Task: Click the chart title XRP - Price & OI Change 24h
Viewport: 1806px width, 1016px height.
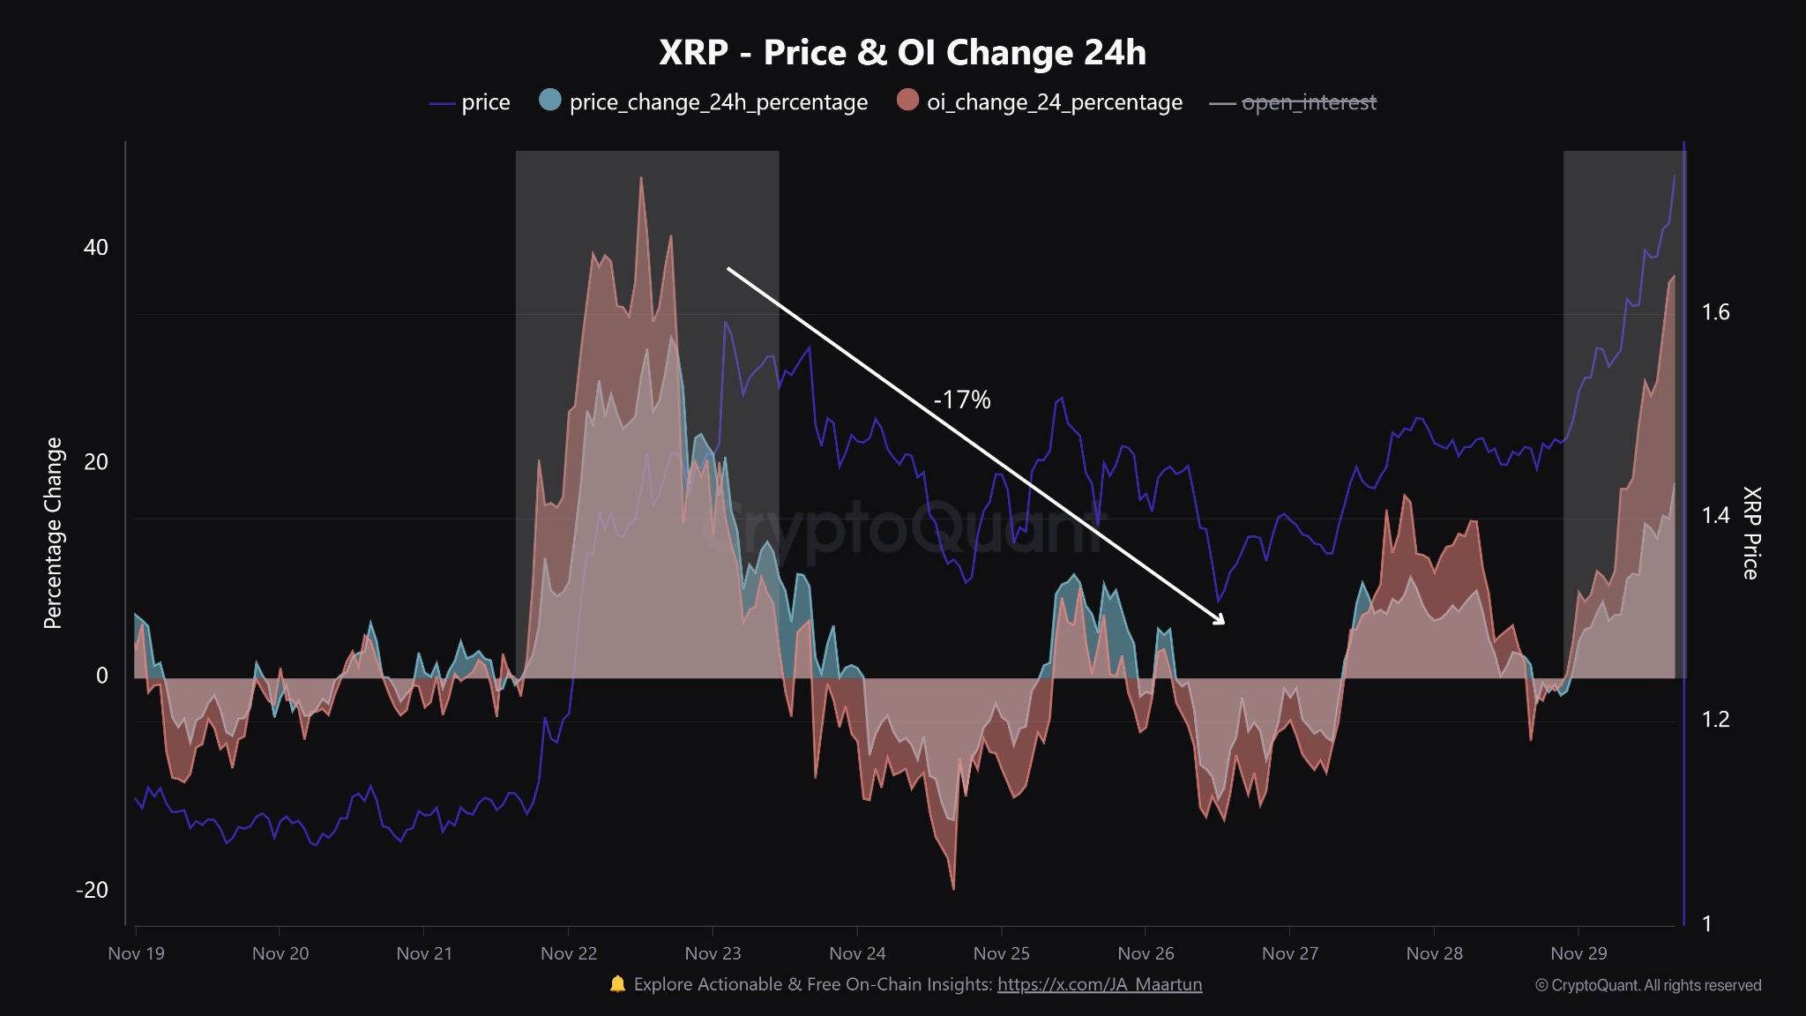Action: tap(902, 53)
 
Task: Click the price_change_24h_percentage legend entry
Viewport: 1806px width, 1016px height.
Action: tap(704, 102)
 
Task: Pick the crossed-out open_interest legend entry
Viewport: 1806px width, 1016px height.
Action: tap(1294, 102)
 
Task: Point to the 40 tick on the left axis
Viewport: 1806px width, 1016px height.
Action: tap(95, 248)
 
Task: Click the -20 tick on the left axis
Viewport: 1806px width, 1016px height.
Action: tap(92, 890)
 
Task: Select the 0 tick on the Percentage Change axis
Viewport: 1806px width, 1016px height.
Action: tap(101, 676)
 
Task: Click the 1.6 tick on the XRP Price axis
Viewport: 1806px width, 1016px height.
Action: tap(1715, 312)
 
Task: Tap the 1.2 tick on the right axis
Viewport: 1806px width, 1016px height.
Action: tap(1715, 720)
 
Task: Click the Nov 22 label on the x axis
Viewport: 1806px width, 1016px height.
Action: tap(569, 953)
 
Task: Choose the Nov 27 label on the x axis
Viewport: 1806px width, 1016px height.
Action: tap(1289, 953)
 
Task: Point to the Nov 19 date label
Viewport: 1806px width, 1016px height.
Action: tap(136, 953)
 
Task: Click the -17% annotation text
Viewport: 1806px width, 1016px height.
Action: tap(962, 400)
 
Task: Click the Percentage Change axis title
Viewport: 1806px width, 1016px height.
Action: tap(53, 533)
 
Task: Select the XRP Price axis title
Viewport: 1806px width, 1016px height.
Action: tap(1751, 533)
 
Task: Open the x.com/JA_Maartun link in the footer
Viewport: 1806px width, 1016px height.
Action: tap(1100, 984)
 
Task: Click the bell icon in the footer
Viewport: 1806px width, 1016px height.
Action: tap(617, 984)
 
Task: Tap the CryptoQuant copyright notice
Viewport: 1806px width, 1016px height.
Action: tap(1647, 985)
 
